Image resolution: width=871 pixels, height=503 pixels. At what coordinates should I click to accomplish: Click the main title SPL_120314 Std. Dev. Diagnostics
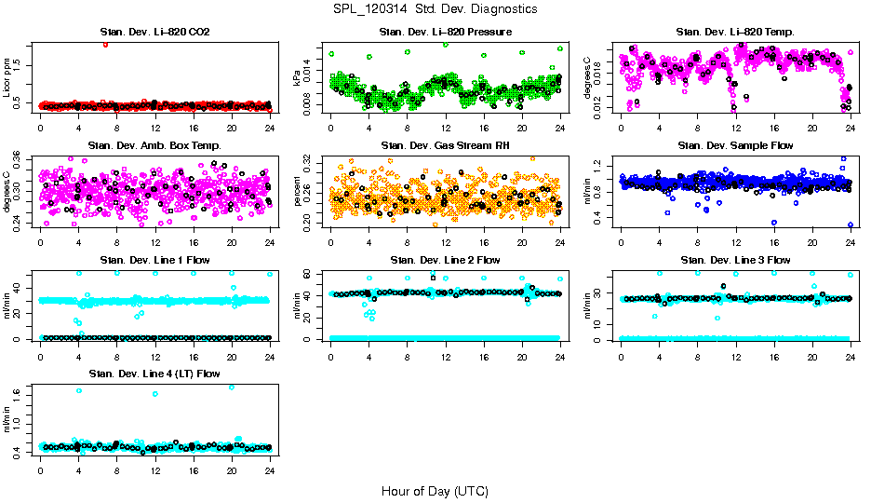(435, 9)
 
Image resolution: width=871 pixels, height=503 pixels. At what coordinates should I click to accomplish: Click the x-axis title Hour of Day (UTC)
(435, 490)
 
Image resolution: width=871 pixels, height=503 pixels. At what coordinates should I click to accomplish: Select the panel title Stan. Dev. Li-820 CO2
(154, 33)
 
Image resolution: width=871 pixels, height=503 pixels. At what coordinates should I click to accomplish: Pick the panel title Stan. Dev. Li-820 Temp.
(735, 33)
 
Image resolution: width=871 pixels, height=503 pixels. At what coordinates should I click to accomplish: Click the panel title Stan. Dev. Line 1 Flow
(154, 260)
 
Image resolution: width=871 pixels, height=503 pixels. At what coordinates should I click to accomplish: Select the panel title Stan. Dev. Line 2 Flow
(446, 260)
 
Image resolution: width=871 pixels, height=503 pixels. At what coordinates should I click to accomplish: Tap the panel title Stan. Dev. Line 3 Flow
(735, 260)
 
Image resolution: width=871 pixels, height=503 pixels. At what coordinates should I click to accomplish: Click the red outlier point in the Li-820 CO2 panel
(105, 44)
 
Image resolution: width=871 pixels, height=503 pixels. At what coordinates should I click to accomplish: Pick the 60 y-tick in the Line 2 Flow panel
(312, 273)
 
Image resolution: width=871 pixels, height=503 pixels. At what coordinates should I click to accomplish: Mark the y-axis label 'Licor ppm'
(7, 77)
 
